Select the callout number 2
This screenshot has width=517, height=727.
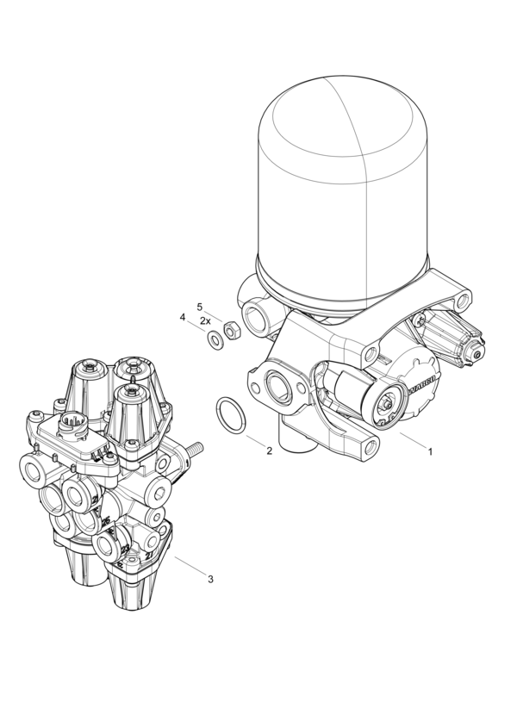click(269, 450)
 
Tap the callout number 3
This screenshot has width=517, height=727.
click(210, 579)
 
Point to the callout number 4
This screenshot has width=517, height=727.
click(183, 318)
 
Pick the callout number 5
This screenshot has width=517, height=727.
click(199, 307)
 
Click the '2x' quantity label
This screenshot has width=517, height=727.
click(205, 320)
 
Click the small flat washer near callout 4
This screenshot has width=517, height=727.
click(213, 339)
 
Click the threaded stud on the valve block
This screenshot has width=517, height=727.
click(194, 449)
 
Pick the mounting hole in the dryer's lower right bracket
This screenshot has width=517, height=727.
click(371, 446)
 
